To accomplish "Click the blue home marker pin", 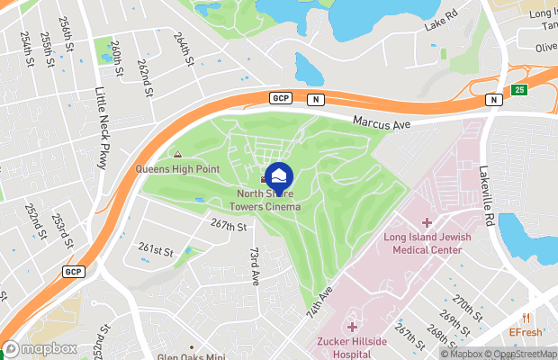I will point(279,175).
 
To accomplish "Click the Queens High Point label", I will point(177,168).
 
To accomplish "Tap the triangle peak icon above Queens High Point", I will point(177,155).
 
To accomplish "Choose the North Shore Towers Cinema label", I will point(269,200).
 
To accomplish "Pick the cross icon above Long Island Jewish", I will point(427,222).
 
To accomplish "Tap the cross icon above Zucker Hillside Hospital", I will point(351,327).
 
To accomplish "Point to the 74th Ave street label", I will point(320,301).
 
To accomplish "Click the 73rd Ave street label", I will point(255,266).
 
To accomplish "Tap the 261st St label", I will point(155,248).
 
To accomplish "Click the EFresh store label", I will point(526,332).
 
